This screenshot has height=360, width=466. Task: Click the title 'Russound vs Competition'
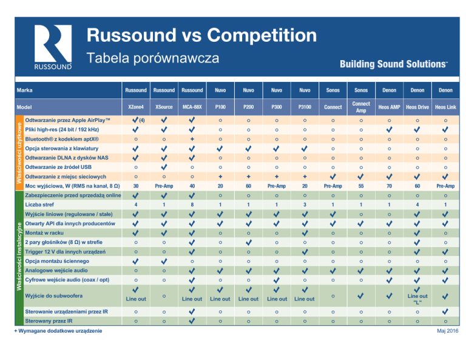point(201,34)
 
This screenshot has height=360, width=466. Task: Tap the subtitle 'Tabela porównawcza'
point(152,58)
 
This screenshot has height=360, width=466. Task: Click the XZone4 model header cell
point(136,107)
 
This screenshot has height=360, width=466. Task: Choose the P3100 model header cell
point(304,107)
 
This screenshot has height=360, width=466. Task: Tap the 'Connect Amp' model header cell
point(361,107)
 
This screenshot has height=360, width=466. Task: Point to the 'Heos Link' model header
point(445,107)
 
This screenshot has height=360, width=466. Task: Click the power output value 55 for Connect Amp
point(361,185)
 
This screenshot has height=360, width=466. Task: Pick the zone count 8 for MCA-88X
point(192,206)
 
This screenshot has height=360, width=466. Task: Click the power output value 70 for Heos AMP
point(389,185)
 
